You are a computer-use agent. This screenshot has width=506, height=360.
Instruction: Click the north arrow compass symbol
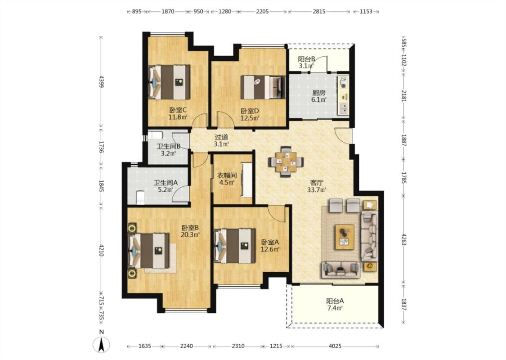(101, 345)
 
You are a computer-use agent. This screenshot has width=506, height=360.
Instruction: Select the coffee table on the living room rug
(345, 237)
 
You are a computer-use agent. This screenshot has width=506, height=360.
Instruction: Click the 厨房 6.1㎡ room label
(319, 96)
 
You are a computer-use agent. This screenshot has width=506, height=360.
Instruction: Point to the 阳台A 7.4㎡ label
(335, 305)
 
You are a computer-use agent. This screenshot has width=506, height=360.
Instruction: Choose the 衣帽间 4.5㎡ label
(227, 179)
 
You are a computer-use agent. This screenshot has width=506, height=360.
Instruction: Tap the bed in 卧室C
(169, 82)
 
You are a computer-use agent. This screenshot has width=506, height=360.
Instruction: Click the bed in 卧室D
(263, 87)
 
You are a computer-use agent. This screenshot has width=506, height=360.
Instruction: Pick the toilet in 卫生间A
(140, 198)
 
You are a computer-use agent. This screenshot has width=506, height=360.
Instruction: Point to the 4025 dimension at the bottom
(335, 346)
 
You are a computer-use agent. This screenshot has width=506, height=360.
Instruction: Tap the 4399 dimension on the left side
(101, 82)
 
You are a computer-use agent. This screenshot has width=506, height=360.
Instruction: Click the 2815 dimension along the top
(319, 12)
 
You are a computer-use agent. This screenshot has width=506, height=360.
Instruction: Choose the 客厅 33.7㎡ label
(317, 186)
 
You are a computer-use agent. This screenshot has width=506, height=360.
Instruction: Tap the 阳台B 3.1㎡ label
(306, 63)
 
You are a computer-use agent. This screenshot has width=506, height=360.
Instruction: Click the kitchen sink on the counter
(344, 109)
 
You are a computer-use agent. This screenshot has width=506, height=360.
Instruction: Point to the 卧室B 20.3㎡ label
(190, 231)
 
